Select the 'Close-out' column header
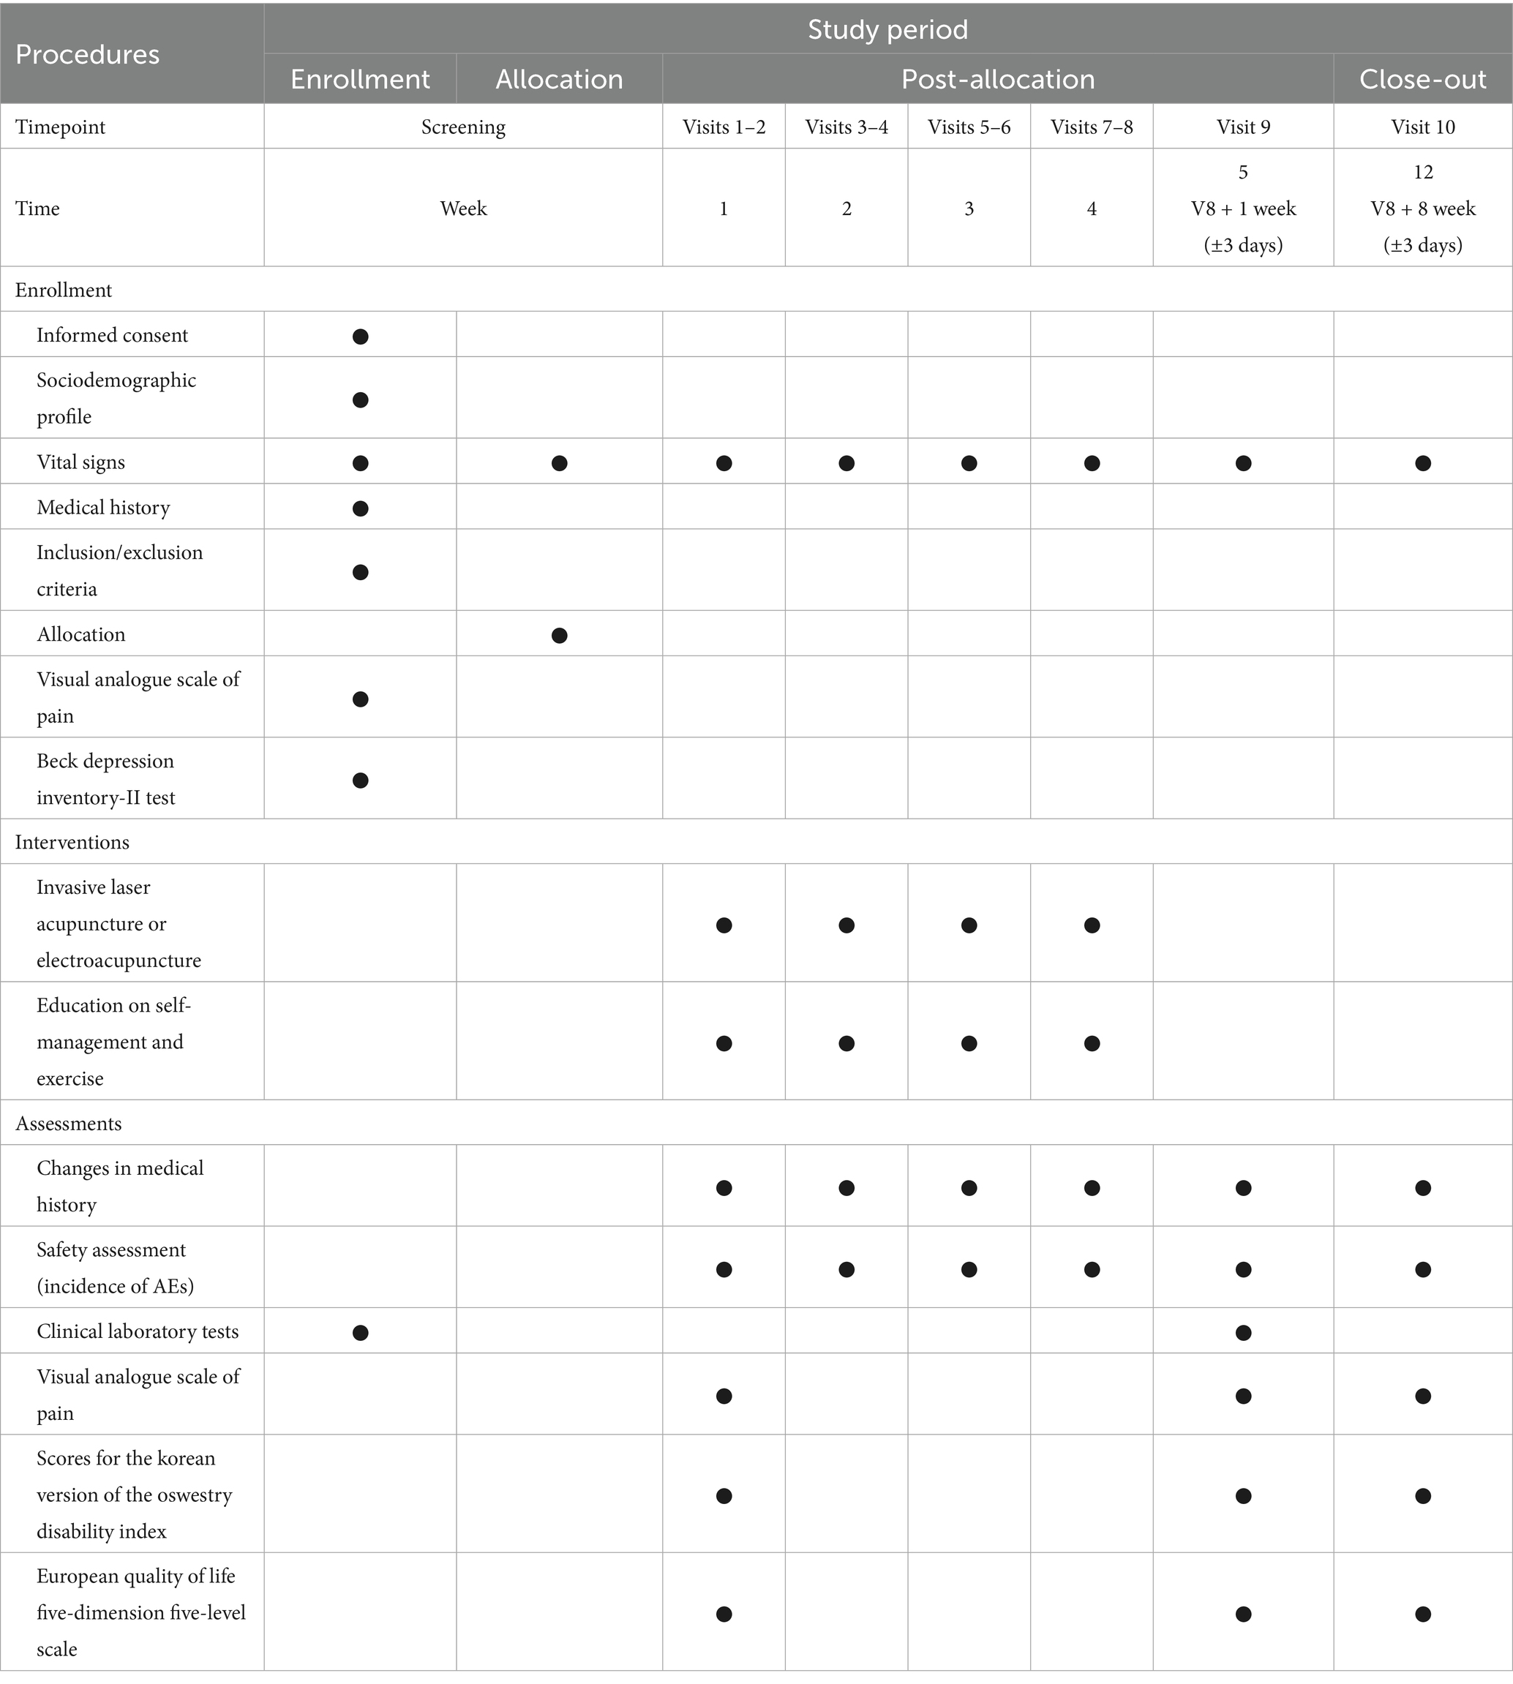[1422, 79]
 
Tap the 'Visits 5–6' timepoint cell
[969, 127]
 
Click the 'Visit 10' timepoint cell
[1422, 127]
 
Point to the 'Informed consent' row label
[112, 335]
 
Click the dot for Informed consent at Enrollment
[360, 337]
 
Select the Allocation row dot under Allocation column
[560, 636]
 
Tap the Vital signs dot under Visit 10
[1422, 463]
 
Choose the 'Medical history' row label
[103, 508]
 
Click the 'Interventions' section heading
[72, 842]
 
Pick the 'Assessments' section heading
[68, 1124]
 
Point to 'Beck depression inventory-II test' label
[105, 780]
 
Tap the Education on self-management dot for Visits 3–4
[846, 1043]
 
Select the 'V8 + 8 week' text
[1422, 208]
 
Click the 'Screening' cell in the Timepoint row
[463, 127]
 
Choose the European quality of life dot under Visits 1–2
[724, 1615]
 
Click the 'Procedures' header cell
[87, 55]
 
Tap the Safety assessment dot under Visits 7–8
[1092, 1269]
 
